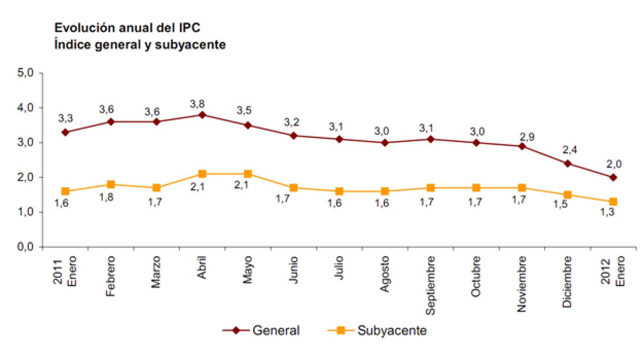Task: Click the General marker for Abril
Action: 202,115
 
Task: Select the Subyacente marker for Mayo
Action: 248,174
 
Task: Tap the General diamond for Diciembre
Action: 567,164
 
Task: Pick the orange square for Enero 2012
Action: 613,202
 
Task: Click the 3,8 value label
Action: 197,104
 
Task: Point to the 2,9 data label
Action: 527,137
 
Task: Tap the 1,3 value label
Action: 607,212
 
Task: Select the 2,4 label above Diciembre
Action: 569,150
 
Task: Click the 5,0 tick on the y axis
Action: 25,73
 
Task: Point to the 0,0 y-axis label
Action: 25,247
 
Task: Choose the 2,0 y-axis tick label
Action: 25,177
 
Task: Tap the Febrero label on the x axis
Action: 111,276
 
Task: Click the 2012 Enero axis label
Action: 613,271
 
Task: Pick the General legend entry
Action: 262,330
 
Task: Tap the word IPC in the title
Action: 188,28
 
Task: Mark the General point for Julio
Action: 339,139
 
